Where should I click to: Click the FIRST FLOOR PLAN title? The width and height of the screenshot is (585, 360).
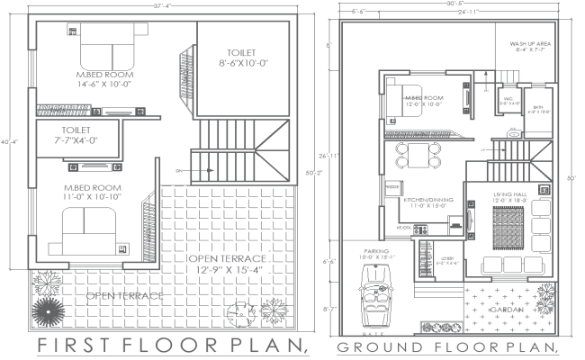[172, 346]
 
